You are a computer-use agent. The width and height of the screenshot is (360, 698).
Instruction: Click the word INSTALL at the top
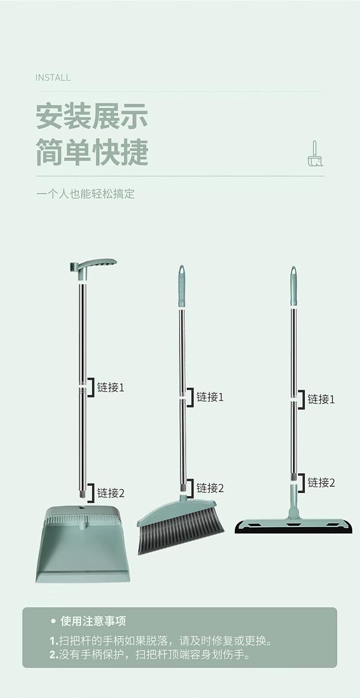(53, 78)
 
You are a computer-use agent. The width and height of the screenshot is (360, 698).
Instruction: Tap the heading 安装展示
(92, 116)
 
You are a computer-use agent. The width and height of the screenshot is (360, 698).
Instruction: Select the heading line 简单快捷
(92, 152)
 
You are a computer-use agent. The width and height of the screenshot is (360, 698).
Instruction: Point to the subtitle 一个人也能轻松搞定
(86, 194)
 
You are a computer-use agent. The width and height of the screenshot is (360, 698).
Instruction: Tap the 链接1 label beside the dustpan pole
(111, 387)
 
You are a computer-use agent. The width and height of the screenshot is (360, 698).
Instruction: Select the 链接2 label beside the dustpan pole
(111, 493)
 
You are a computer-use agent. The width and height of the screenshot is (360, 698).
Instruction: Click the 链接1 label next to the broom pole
(210, 397)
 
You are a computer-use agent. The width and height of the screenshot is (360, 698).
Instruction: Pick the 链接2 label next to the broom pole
(210, 488)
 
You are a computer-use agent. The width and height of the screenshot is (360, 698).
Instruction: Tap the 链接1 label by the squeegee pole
(321, 399)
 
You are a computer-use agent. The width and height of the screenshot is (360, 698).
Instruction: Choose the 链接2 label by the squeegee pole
(321, 482)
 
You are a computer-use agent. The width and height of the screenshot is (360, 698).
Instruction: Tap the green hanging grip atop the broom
(182, 286)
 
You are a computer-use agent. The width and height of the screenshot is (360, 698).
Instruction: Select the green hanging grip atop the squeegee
(293, 286)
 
